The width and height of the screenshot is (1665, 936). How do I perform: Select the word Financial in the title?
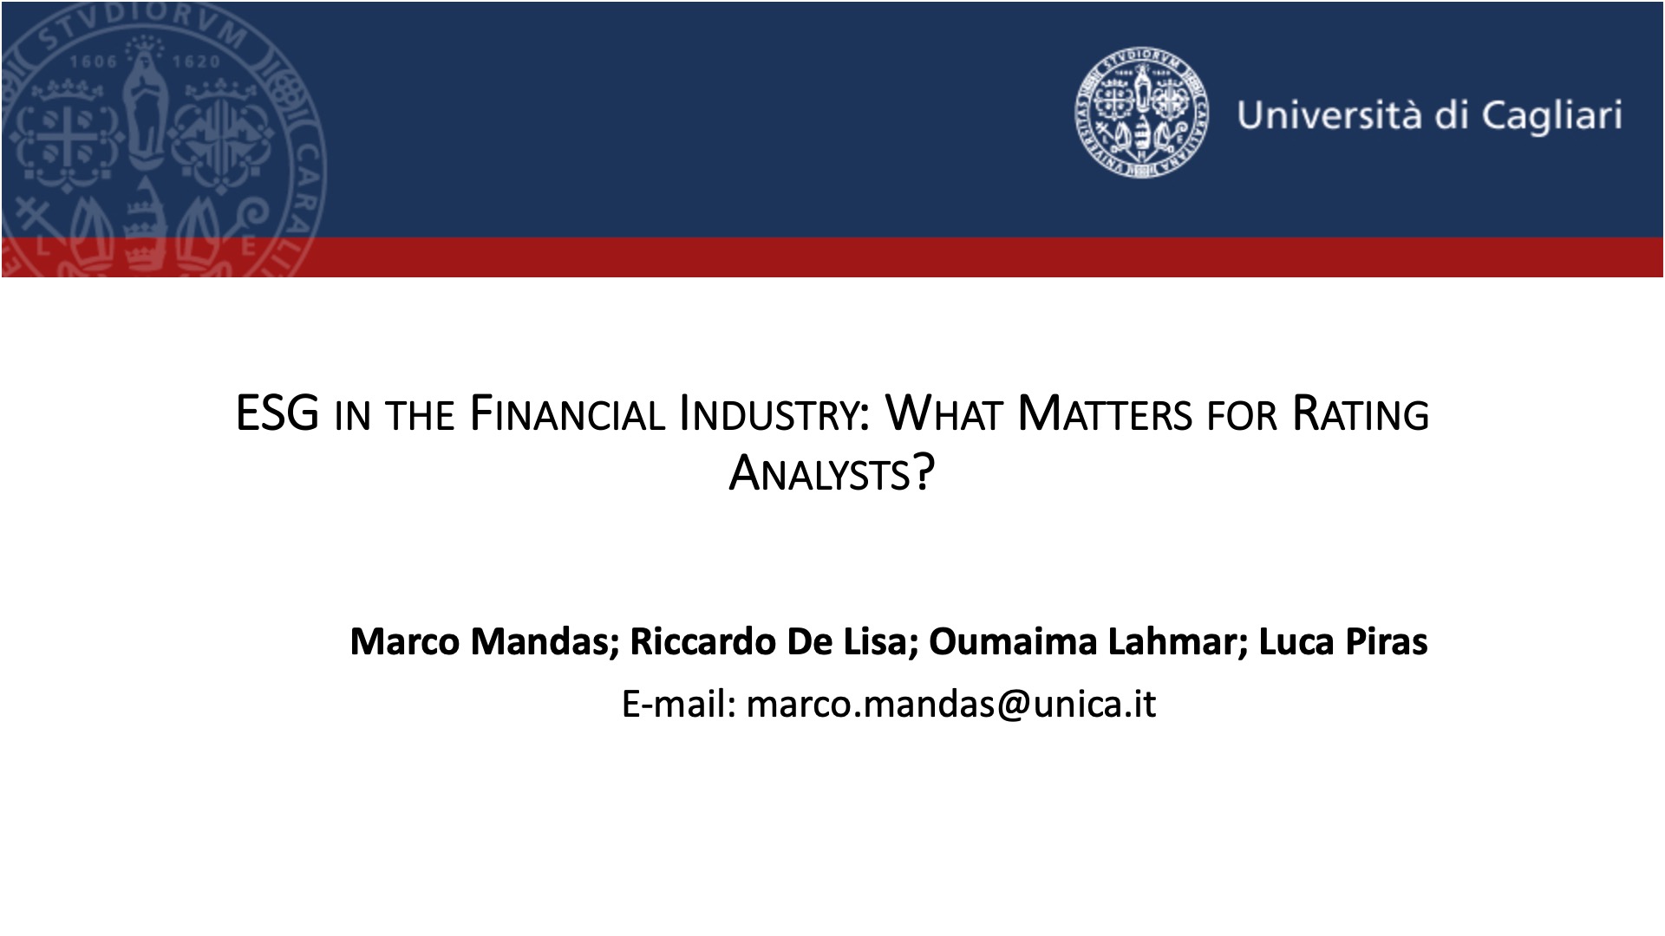click(x=567, y=413)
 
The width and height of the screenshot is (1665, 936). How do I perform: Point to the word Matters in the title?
click(x=1104, y=413)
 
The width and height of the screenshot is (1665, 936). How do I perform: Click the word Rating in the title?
click(x=1360, y=413)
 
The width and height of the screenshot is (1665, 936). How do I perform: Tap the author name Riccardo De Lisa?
click(x=767, y=641)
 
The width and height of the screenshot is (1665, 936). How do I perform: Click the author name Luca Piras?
click(x=1342, y=641)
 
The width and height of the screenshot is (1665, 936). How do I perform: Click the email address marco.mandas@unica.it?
click(x=951, y=704)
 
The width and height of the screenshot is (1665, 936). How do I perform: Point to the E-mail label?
click(x=678, y=704)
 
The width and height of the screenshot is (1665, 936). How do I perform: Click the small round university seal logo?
click(x=1139, y=114)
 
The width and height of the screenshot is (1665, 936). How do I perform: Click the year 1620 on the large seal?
click(x=196, y=62)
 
